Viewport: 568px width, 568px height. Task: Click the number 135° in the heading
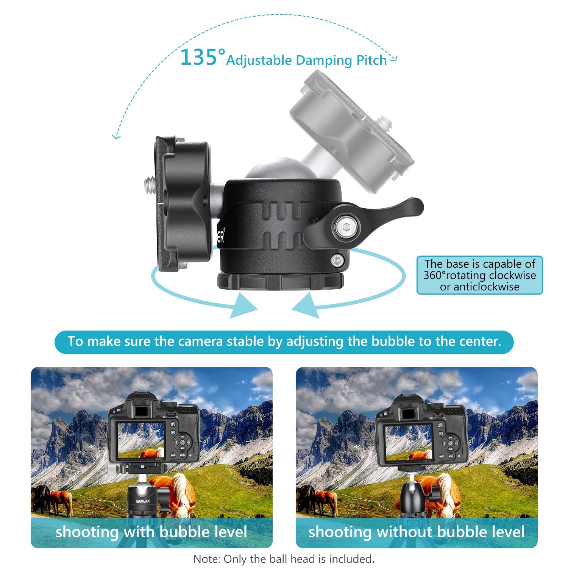pyautogui.click(x=202, y=58)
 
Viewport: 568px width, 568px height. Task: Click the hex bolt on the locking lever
pyautogui.click(x=345, y=227)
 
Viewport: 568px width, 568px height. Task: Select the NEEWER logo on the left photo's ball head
pyautogui.click(x=143, y=502)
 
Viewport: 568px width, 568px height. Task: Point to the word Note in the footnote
pyautogui.click(x=206, y=559)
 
